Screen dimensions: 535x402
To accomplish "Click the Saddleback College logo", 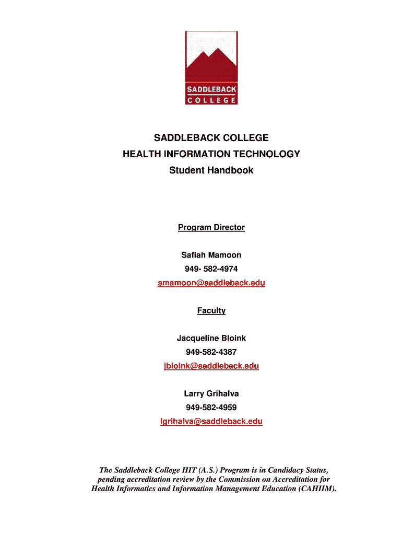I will pos(211,68).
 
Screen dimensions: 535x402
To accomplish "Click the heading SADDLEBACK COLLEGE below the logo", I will pos(211,138).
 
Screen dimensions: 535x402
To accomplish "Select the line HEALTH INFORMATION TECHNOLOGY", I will pos(211,154).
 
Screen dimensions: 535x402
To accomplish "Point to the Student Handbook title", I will pos(211,170).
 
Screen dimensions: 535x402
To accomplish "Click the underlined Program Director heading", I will pos(211,227).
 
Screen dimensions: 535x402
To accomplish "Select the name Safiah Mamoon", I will pos(211,255).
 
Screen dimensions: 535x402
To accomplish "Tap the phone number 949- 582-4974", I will pos(211,269).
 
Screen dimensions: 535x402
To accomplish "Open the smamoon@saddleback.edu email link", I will pos(211,283).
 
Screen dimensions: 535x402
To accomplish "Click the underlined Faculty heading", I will pos(211,311).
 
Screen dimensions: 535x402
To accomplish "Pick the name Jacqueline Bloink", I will pos(211,339).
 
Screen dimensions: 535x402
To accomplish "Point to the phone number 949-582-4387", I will pos(211,352).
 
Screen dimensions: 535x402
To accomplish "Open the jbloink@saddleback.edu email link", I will pos(211,366).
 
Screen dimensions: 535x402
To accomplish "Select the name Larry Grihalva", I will pos(211,393).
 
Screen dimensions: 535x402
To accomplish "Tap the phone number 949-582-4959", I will pos(211,408).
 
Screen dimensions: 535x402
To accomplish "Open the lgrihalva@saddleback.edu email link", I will pos(211,422).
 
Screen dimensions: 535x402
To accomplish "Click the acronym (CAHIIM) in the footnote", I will pos(316,489).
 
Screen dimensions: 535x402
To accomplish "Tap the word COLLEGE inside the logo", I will pos(211,100).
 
